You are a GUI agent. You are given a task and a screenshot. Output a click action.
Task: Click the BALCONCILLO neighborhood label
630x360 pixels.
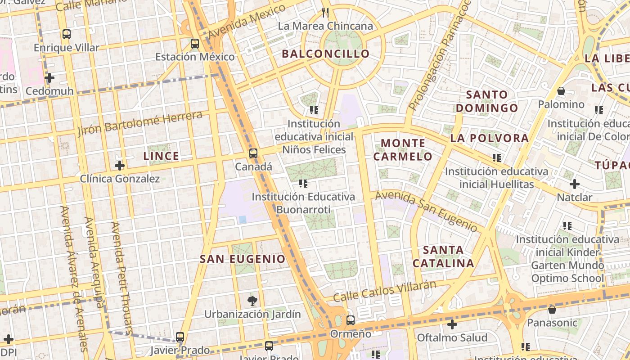(x=325, y=54)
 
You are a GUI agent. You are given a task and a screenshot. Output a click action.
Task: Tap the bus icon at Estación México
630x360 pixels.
(x=194, y=44)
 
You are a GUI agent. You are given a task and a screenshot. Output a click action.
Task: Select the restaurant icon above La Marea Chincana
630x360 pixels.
(x=325, y=12)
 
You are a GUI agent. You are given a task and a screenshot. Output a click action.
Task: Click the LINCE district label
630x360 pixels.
(x=161, y=156)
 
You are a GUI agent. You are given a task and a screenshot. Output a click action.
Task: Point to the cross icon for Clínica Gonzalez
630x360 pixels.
(x=119, y=166)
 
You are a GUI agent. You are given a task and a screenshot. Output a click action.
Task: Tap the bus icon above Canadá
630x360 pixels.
(x=253, y=153)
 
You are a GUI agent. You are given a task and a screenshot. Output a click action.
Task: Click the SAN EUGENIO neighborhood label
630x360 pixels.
(x=243, y=259)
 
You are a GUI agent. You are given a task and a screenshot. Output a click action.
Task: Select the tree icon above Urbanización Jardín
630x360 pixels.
(x=252, y=301)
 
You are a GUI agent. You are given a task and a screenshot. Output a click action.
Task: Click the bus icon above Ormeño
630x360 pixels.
(x=350, y=320)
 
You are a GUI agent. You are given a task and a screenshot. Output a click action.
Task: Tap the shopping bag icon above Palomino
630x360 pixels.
(x=561, y=91)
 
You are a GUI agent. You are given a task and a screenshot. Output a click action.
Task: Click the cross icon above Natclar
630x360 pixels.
(x=574, y=184)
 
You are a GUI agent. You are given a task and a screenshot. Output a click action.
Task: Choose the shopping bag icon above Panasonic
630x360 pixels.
(x=552, y=310)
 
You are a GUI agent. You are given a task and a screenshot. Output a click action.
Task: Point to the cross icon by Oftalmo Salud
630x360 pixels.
(x=452, y=324)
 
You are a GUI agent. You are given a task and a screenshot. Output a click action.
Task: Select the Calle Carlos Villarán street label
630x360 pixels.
(x=385, y=291)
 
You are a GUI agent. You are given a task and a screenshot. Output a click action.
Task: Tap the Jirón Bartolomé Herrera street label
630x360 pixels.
(x=139, y=123)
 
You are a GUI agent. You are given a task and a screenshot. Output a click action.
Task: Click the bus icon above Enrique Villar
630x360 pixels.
(x=66, y=34)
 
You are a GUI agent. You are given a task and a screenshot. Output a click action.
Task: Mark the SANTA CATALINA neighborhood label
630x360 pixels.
(x=443, y=256)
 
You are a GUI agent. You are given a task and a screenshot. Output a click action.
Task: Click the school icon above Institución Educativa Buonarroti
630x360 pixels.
(x=303, y=183)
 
